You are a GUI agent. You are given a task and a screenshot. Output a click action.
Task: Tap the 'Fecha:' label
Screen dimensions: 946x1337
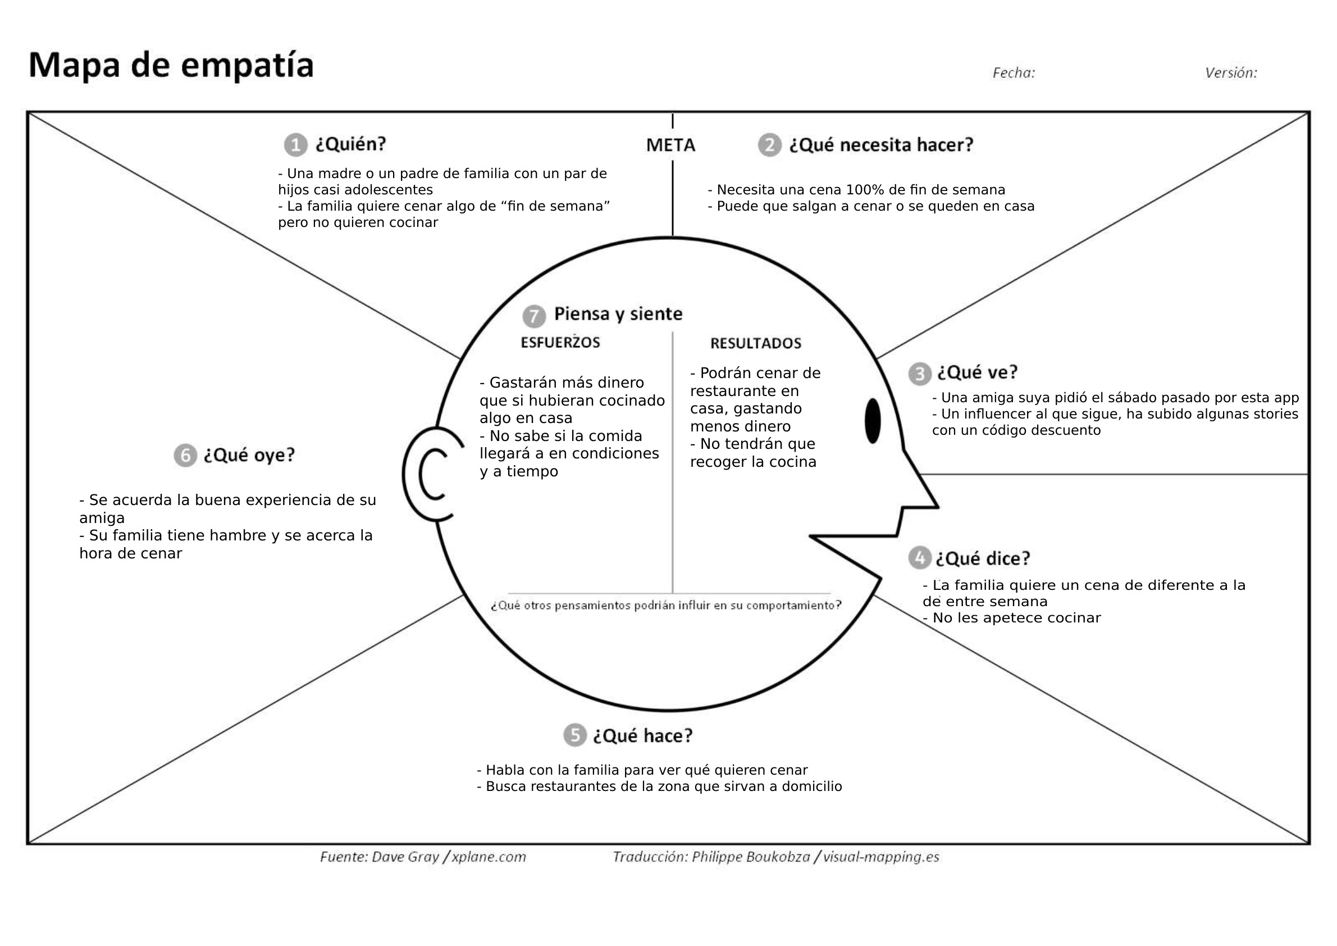pyautogui.click(x=1013, y=73)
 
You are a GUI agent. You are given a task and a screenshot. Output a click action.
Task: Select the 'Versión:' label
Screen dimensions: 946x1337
pyautogui.click(x=1230, y=73)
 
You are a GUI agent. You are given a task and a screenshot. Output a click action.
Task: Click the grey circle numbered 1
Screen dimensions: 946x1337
pyautogui.click(x=295, y=145)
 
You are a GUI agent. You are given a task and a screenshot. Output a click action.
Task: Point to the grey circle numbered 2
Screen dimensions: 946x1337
pyautogui.click(x=769, y=145)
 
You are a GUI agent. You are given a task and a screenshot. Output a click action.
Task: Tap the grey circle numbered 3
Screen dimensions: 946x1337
pyautogui.click(x=919, y=374)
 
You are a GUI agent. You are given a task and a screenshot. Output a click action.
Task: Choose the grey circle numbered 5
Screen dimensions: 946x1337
pyautogui.click(x=574, y=735)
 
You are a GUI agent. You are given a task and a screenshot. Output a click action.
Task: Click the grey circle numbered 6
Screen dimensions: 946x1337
pyautogui.click(x=185, y=455)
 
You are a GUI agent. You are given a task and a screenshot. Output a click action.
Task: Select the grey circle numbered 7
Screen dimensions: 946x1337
pyautogui.click(x=533, y=316)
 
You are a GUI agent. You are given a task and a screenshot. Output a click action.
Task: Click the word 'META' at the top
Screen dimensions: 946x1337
pyautogui.click(x=670, y=145)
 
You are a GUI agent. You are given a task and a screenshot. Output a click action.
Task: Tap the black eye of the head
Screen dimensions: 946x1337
pyautogui.click(x=872, y=421)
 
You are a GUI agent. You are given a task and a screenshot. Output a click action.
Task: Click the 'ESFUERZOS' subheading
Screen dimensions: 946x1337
pyautogui.click(x=560, y=343)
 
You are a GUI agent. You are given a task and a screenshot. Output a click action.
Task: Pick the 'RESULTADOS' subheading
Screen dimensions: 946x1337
pyautogui.click(x=755, y=344)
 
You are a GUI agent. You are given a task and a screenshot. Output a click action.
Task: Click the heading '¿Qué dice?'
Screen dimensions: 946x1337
pyautogui.click(x=982, y=558)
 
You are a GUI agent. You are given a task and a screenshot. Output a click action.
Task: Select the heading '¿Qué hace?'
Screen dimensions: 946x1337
pyautogui.click(x=643, y=736)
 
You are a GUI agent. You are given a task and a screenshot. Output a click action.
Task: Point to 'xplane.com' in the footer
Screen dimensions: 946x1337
pyautogui.click(x=489, y=857)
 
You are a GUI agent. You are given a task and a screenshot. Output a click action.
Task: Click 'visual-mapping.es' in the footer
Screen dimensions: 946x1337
pyautogui.click(x=880, y=857)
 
